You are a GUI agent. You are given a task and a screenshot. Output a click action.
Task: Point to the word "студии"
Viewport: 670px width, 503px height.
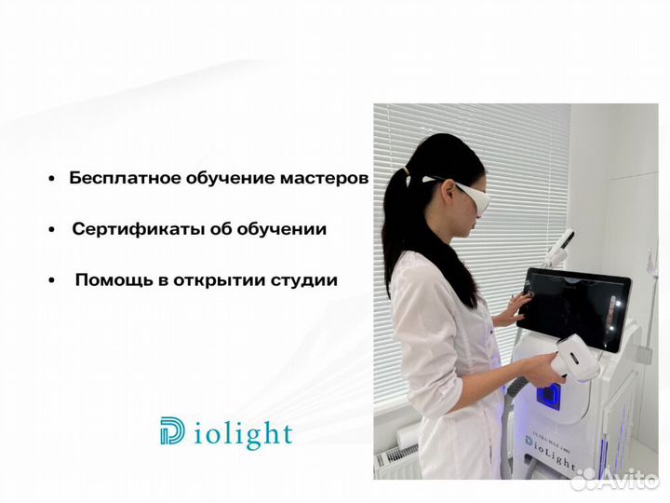(x=306, y=279)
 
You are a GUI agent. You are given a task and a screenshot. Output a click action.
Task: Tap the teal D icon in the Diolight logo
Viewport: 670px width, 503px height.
(x=172, y=432)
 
